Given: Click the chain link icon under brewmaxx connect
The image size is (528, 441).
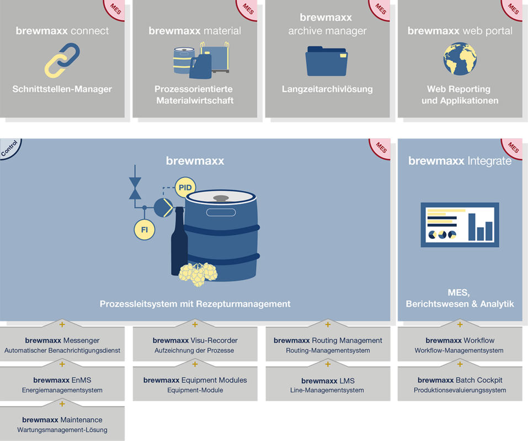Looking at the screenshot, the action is [x=62, y=60].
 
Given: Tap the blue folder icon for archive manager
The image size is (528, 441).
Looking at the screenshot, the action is [x=327, y=61].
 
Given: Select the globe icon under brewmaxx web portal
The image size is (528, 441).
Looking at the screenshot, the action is [x=460, y=59].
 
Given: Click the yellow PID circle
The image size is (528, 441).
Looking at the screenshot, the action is [x=185, y=187].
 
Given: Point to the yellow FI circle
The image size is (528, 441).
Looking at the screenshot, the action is [x=145, y=230].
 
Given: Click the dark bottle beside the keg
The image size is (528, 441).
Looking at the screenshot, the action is [x=179, y=241].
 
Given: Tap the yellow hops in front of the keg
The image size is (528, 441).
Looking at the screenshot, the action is [x=198, y=274].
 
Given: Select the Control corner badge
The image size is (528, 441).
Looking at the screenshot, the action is [x=9, y=148].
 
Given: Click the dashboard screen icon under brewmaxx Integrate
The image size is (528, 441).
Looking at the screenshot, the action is [x=460, y=225].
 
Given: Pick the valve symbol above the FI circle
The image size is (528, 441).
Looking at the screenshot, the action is [x=135, y=189].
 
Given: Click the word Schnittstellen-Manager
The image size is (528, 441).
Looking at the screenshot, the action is [x=62, y=89].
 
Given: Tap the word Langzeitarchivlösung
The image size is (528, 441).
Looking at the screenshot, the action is [x=327, y=89].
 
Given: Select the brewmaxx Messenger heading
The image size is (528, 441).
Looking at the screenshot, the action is [x=62, y=341].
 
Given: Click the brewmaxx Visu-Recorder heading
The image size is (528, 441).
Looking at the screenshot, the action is [x=195, y=341].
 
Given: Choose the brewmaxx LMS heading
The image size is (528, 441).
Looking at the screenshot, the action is [x=328, y=381].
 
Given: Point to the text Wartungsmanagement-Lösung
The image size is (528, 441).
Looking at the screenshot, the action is [x=62, y=430].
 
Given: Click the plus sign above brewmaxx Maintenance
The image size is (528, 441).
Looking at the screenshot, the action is [x=62, y=404].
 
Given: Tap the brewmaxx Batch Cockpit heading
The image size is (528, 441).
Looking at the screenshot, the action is [x=460, y=380].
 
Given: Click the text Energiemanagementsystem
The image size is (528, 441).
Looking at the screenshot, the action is [x=62, y=390].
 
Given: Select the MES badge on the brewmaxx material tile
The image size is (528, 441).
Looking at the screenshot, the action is [x=248, y=9].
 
